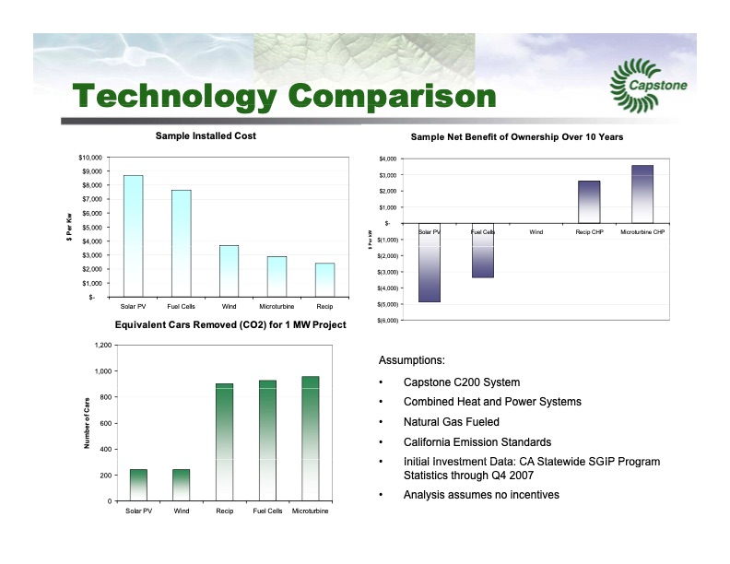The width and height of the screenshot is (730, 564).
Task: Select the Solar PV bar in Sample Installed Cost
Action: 133,235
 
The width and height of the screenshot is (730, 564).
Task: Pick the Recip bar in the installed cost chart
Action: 324,279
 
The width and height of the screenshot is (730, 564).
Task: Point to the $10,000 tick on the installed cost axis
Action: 91,158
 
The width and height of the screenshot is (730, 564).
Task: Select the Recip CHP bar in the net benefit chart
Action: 589,201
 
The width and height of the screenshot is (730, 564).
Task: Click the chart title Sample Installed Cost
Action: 206,136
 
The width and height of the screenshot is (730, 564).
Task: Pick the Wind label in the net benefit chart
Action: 536,232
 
